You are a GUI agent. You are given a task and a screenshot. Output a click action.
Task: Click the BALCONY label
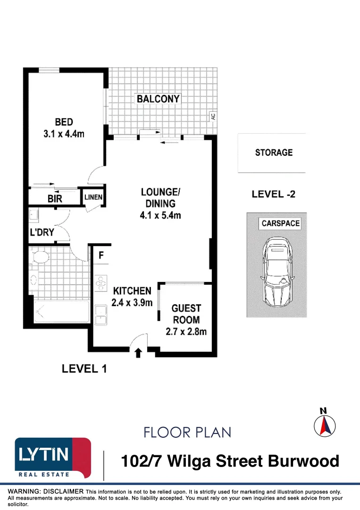pyautogui.click(x=158, y=99)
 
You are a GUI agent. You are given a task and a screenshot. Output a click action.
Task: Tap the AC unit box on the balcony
pyautogui.click(x=213, y=116)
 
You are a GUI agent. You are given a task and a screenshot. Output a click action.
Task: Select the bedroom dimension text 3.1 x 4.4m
pyautogui.click(x=64, y=134)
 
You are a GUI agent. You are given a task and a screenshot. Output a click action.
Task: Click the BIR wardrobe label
pyautogui.click(x=55, y=199)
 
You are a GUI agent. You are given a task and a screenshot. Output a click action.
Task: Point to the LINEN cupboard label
pyautogui.click(x=93, y=197)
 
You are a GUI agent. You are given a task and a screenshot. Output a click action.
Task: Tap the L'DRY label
pyautogui.click(x=42, y=232)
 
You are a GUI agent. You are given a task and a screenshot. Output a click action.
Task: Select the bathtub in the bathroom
pyautogui.click(x=61, y=312)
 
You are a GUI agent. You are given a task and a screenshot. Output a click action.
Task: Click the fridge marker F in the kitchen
pyautogui.click(x=101, y=255)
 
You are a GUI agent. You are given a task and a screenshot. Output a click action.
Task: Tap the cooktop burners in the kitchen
pyautogui.click(x=100, y=283)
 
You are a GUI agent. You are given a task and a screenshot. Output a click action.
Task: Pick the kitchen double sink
pyautogui.click(x=100, y=315)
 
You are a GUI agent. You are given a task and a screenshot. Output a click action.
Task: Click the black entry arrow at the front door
pyautogui.click(x=138, y=353)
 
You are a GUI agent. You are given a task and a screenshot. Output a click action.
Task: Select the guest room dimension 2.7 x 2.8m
pyautogui.click(x=186, y=331)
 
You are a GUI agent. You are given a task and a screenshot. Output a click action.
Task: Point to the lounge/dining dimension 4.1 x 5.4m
pyautogui.click(x=160, y=215)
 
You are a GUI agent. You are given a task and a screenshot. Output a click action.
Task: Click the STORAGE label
pyautogui.click(x=274, y=153)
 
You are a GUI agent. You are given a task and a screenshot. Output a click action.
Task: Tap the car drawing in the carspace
pyautogui.click(x=277, y=272)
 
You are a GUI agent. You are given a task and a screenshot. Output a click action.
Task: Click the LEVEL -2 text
pyautogui.click(x=274, y=194)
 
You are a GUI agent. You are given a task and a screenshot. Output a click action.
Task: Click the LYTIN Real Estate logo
pyautogui.click(x=53, y=458)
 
